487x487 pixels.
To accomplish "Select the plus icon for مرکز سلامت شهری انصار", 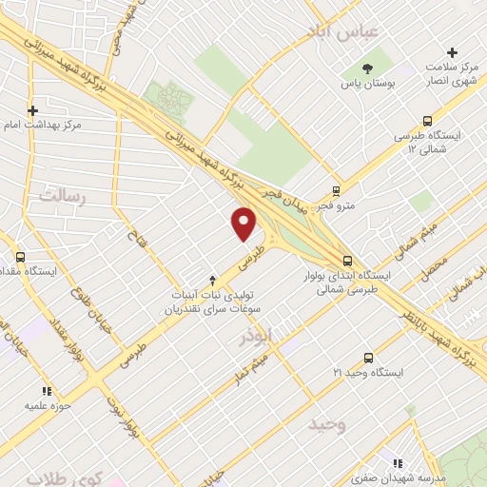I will (452, 52).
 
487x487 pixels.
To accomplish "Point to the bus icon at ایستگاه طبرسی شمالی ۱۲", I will (427, 121).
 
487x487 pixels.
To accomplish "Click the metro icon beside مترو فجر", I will (336, 189).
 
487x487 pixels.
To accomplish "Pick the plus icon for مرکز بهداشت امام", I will (33, 110).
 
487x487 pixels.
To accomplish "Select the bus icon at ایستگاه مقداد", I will (22, 256).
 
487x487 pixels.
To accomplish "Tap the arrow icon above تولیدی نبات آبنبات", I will (213, 281).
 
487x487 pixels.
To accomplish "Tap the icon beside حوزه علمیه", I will (46, 390).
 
